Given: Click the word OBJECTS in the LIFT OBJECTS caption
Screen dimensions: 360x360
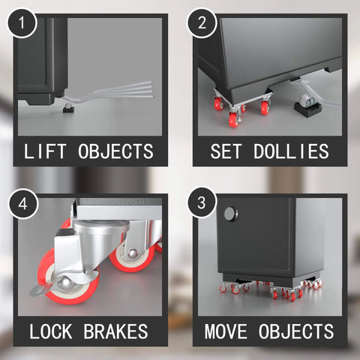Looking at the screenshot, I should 117,151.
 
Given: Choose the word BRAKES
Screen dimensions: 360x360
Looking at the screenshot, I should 119,331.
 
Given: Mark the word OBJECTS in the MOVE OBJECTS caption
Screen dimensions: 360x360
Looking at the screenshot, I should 300,331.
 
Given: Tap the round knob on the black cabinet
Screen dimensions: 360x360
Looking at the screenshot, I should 229,214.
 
